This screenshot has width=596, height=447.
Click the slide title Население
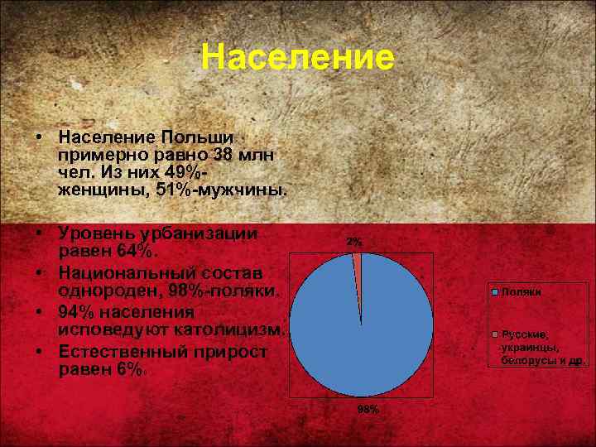click(298, 58)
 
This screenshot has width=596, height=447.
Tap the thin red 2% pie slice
click(358, 273)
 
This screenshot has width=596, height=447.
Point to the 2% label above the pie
click(354, 242)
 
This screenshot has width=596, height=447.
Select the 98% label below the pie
click(368, 410)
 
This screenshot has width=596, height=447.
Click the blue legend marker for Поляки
click(495, 292)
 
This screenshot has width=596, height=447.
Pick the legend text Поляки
click(521, 292)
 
